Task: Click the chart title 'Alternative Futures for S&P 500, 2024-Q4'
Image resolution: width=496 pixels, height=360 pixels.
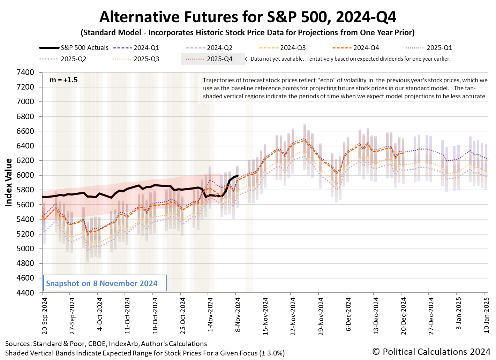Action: click(x=248, y=17)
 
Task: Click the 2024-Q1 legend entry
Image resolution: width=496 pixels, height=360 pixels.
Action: click(x=146, y=48)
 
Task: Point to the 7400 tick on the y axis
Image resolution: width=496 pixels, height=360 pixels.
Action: click(x=25, y=72)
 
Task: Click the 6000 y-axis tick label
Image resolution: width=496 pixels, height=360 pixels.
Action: click(x=25, y=175)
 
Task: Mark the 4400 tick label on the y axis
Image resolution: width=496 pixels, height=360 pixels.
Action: click(x=25, y=293)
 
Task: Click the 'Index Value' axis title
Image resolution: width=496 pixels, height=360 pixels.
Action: click(x=9, y=182)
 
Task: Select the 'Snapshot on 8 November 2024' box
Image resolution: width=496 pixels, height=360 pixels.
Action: click(x=104, y=283)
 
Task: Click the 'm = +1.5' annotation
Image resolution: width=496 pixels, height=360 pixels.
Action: click(x=63, y=80)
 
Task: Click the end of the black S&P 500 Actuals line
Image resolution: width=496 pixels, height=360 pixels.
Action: click(x=238, y=176)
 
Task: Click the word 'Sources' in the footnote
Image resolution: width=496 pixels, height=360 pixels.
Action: click(x=17, y=344)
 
